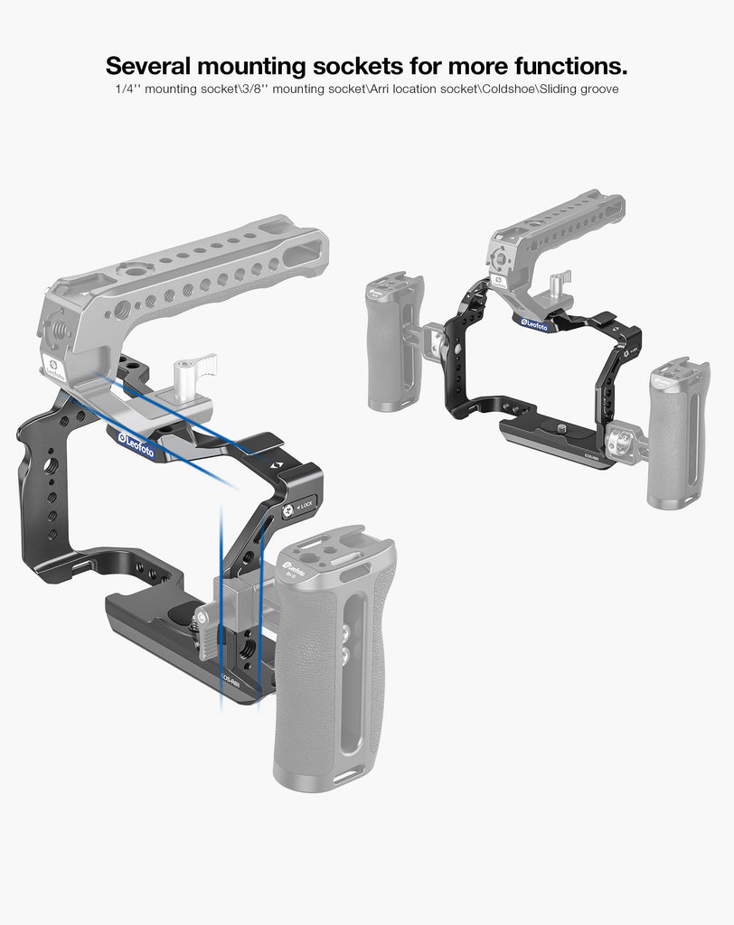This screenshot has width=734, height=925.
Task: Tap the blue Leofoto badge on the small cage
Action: click(532, 323)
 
